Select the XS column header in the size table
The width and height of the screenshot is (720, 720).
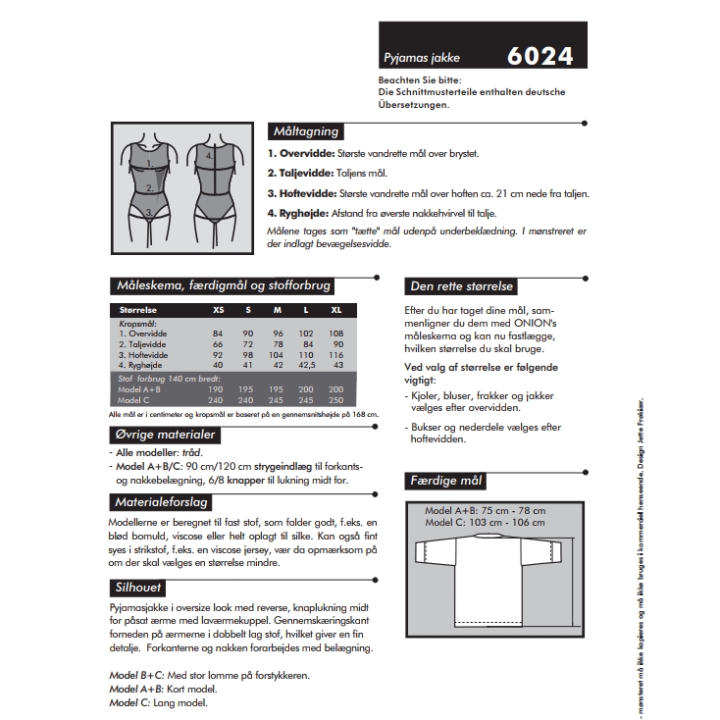(x=218, y=310)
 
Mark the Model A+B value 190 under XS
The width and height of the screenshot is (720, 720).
(x=218, y=389)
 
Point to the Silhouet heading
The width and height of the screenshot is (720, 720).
(x=137, y=588)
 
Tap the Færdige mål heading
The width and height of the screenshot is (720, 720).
(x=445, y=482)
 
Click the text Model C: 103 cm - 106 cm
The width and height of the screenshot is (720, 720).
(x=485, y=523)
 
